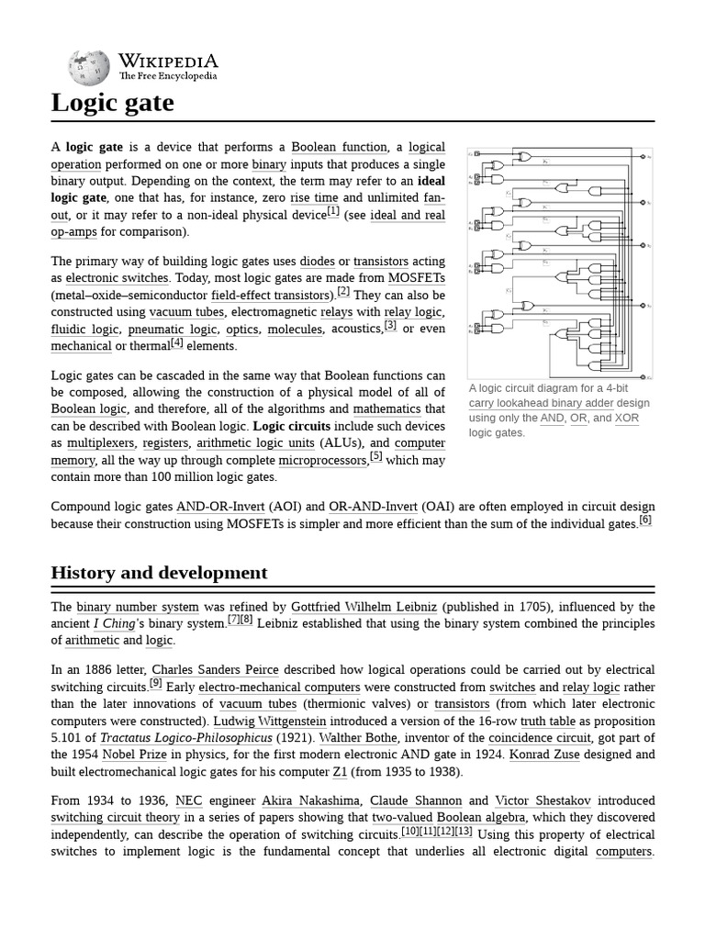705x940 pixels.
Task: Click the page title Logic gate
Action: [112, 103]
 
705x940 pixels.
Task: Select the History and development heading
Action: [159, 573]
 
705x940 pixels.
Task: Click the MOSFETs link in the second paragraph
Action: [416, 278]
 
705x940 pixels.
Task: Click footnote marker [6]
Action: [645, 520]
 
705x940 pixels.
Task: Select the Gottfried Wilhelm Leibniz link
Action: [364, 607]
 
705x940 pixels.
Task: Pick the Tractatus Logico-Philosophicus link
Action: [186, 737]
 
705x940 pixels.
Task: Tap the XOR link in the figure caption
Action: [627, 418]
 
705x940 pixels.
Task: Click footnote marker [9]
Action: [156, 684]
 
